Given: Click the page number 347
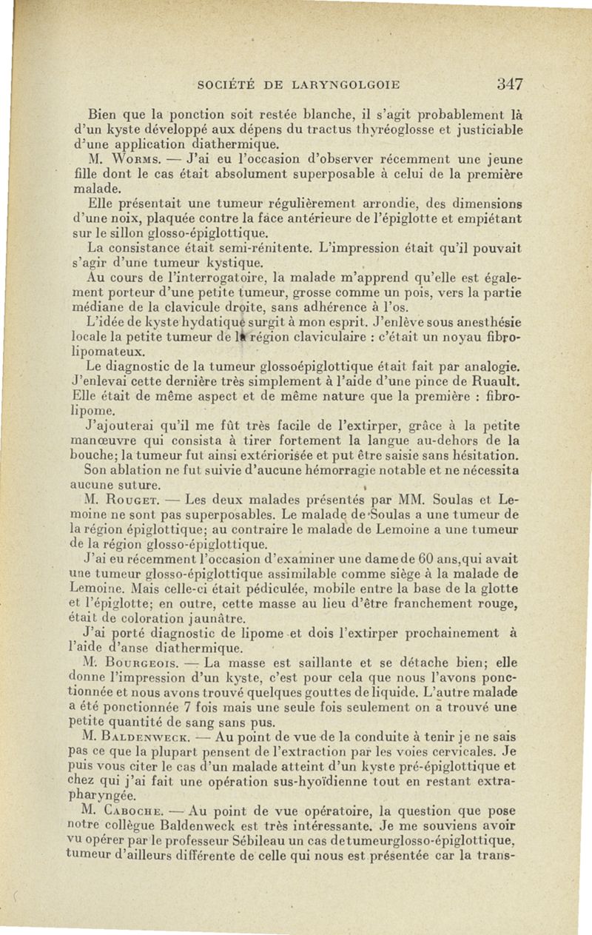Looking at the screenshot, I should pyautogui.click(x=510, y=84).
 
